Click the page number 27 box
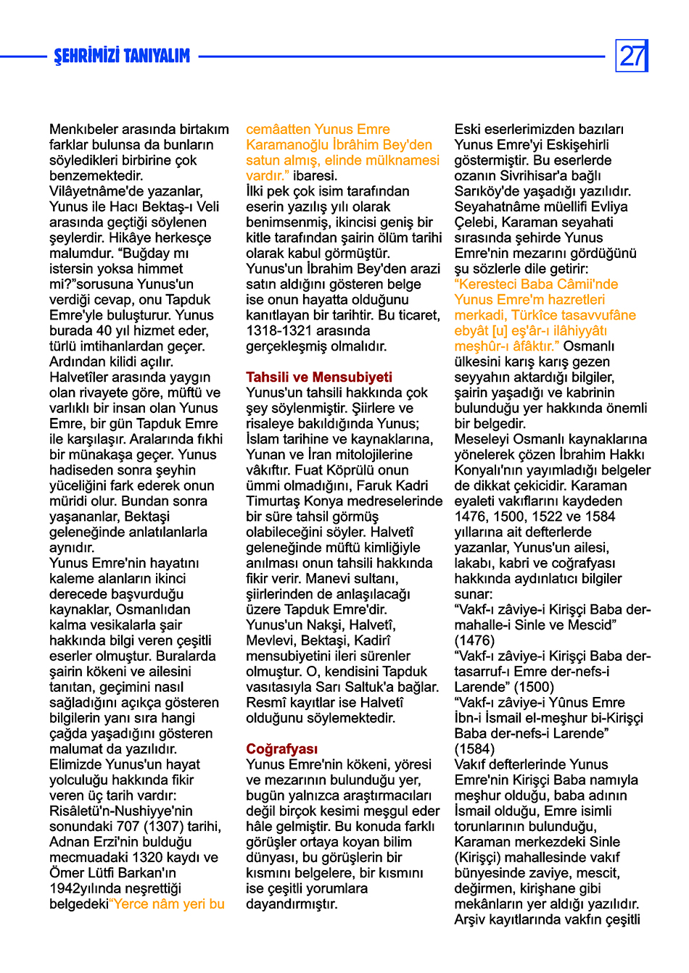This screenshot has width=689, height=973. coord(632,56)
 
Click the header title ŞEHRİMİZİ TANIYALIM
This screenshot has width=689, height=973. coord(122,57)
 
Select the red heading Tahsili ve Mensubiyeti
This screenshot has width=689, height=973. coord(318,377)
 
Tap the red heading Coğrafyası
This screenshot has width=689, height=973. coord(281,748)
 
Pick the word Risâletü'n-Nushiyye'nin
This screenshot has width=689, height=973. coord(121,811)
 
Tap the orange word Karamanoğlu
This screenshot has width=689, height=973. coord(288,145)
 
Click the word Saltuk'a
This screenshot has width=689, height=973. coord(409,687)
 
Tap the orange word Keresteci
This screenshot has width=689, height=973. coord(492,284)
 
